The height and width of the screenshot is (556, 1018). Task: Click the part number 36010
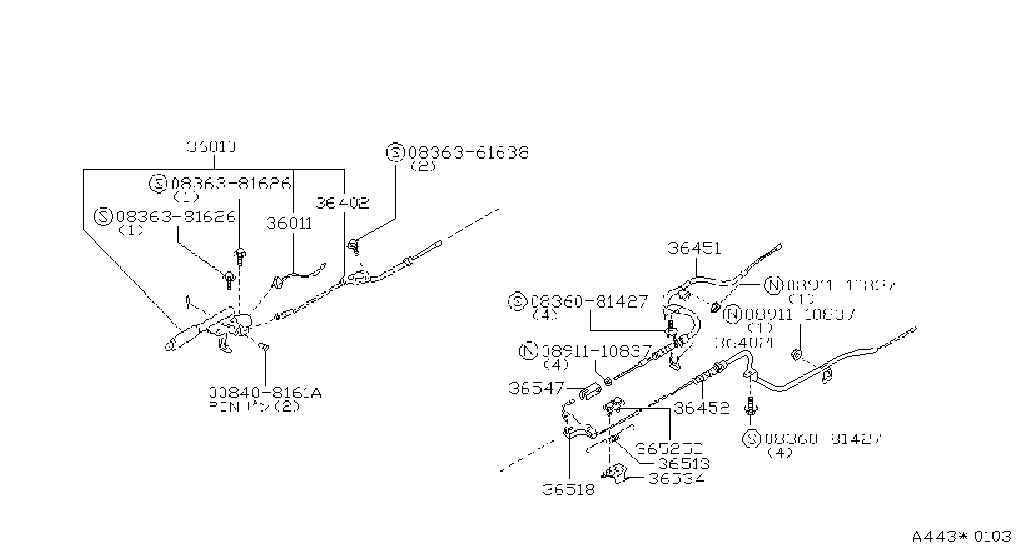pos(211,146)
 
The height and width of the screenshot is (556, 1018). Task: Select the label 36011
pos(289,223)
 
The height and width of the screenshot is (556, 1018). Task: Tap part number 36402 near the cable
pos(342,203)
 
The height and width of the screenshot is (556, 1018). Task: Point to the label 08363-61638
pos(469,152)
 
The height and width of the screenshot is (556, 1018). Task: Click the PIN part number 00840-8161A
pos(265,393)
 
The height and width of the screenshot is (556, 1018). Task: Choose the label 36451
pos(694,248)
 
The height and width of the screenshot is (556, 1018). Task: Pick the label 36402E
pos(748,343)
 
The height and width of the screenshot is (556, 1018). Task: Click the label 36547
pos(536,388)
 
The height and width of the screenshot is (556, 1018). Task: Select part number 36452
pos(702,408)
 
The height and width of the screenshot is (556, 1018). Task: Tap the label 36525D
pos(669,449)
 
